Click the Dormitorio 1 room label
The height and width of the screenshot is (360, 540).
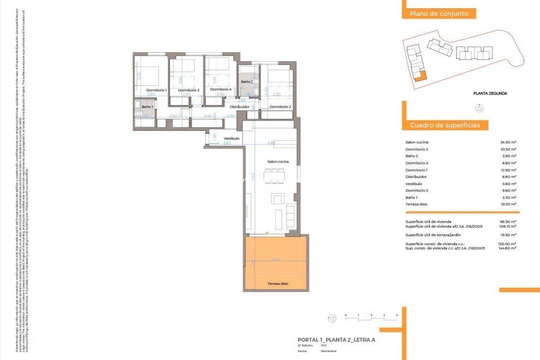[156, 90]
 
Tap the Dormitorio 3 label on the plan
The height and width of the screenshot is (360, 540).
[188, 90]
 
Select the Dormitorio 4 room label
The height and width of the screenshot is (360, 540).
[220, 89]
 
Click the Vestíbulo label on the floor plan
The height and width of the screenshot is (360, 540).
[231, 138]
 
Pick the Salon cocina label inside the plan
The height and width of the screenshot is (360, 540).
[278, 161]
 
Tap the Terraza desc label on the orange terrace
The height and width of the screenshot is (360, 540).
[277, 284]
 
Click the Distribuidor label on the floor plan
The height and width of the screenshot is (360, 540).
[239, 107]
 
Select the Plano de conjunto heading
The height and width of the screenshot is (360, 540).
[439, 14]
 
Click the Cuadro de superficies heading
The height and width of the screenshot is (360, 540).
[445, 125]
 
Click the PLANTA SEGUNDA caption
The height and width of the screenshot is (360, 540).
[490, 93]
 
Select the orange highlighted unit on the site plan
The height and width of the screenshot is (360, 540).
[419, 76]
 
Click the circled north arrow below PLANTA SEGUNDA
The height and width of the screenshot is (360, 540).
[478, 107]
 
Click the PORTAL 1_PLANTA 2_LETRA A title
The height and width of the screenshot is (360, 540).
[336, 340]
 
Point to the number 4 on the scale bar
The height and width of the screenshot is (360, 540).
[396, 315]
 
